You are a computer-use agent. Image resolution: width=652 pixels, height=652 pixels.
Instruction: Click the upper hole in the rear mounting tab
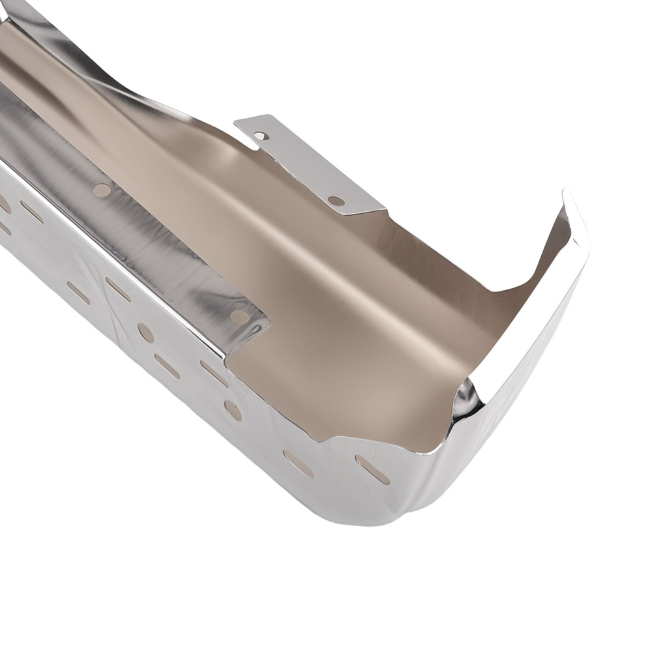tap(261, 136)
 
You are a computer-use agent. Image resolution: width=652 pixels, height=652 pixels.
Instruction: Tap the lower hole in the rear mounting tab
tap(336, 201)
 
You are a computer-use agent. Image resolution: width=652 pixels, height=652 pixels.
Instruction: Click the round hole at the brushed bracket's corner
tap(239, 316)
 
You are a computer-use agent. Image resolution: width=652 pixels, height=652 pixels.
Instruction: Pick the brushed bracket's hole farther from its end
tap(102, 190)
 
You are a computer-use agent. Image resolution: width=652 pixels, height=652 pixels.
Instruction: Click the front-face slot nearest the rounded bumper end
tap(372, 469)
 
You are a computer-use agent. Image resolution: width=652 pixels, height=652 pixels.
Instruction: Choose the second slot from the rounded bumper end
tap(298, 464)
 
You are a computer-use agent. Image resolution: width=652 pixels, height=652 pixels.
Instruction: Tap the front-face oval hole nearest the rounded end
tap(233, 409)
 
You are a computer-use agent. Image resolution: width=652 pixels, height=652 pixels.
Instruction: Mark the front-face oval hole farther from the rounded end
tap(146, 333)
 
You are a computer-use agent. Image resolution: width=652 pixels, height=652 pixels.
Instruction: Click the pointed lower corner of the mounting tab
tap(363, 214)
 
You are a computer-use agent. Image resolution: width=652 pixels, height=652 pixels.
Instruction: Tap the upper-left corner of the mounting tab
tap(236, 123)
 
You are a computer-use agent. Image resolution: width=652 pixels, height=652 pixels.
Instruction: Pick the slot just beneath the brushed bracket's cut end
tap(215, 374)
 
